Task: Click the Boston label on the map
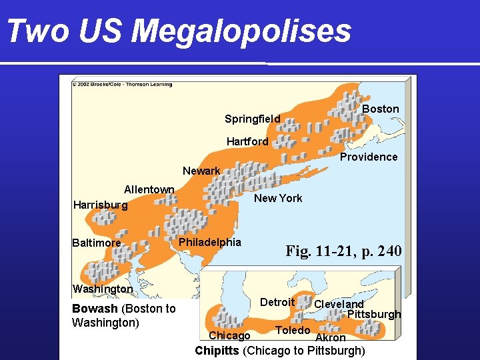380,109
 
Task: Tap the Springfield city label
252,119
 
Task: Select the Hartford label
247,141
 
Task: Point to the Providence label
368,157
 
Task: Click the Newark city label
201,171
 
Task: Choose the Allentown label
149,189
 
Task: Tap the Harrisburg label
100,205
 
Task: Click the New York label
278,198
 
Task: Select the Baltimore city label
97,243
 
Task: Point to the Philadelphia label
209,241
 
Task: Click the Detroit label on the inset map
277,302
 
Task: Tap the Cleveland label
339,305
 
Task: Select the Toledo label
293,330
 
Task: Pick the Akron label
331,338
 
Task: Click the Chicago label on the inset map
229,335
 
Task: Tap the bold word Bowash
94,309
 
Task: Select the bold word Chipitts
217,351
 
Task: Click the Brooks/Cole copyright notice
122,85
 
